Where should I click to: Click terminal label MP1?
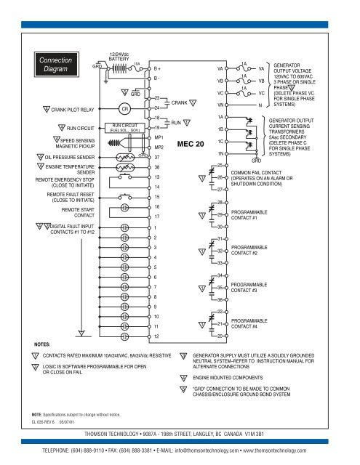tap(159, 137)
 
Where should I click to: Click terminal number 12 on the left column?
tap(157, 336)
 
